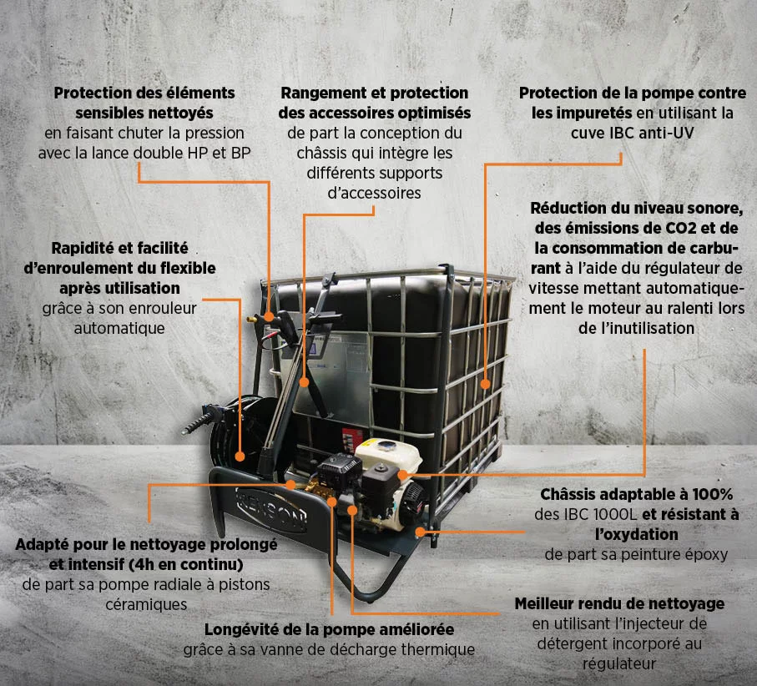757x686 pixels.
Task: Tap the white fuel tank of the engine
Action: [388, 454]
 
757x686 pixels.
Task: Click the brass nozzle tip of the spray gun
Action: [250, 319]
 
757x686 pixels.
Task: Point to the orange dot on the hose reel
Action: [240, 456]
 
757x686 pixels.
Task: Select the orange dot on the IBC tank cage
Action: [485, 384]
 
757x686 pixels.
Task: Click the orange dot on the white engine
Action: [402, 475]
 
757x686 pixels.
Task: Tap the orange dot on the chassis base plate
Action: [421, 532]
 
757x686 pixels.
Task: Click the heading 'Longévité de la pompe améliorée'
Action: [329, 629]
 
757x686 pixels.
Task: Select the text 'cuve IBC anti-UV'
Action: [633, 133]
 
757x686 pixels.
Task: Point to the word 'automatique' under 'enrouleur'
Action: [119, 328]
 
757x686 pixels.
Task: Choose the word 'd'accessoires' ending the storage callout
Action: [374, 193]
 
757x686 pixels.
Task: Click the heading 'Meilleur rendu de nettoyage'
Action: [619, 603]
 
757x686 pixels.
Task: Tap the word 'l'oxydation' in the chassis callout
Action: [636, 534]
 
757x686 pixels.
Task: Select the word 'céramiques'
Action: [146, 604]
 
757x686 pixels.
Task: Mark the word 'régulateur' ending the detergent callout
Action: [619, 663]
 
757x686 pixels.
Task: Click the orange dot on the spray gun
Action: [269, 316]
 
